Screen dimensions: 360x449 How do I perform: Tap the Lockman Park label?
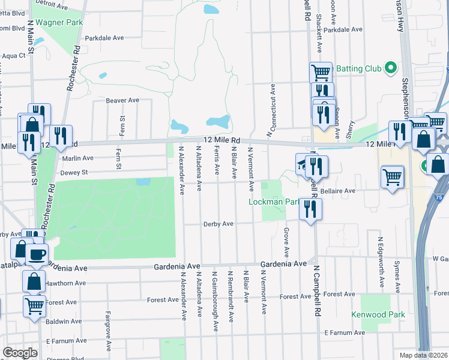[274, 202]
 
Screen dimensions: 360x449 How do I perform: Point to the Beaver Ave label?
[122, 100]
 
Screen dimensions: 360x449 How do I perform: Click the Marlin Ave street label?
[77, 158]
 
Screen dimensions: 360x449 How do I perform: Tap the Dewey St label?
[74, 172]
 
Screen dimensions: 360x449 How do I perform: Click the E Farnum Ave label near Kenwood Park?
[344, 332]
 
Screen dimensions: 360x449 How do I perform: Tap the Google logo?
[20, 353]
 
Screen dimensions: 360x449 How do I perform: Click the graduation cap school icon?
[303, 163]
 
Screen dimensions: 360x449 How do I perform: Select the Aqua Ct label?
[13, 56]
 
